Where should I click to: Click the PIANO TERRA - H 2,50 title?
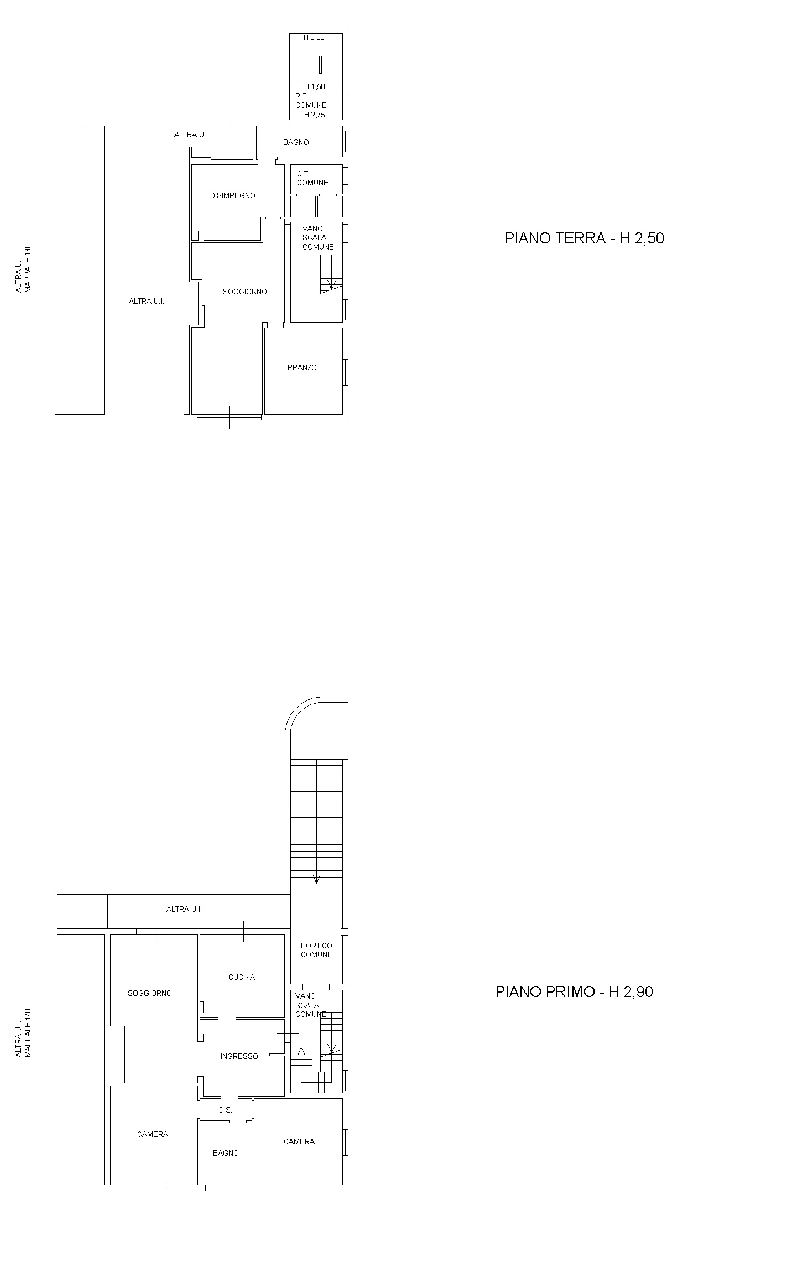click(584, 238)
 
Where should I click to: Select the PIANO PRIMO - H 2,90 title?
click(574, 991)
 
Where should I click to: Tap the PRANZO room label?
click(302, 367)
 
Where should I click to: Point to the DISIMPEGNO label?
click(233, 195)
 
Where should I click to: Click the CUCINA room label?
click(242, 977)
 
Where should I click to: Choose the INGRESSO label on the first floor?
click(239, 1056)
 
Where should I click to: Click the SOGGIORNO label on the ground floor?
click(245, 292)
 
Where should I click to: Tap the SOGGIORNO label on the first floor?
click(150, 993)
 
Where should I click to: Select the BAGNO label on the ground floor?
click(296, 142)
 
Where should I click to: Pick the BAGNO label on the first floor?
click(226, 1153)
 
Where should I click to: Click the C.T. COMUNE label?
click(312, 178)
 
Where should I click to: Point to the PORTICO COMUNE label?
click(316, 950)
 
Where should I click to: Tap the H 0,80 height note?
click(314, 38)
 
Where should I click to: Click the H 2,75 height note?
click(315, 115)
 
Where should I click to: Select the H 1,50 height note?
click(315, 87)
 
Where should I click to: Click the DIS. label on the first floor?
click(225, 1110)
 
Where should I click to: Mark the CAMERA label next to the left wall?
click(153, 1134)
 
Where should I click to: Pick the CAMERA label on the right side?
click(299, 1141)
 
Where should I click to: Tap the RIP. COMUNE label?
click(311, 100)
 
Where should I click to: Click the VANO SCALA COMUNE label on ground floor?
click(318, 237)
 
